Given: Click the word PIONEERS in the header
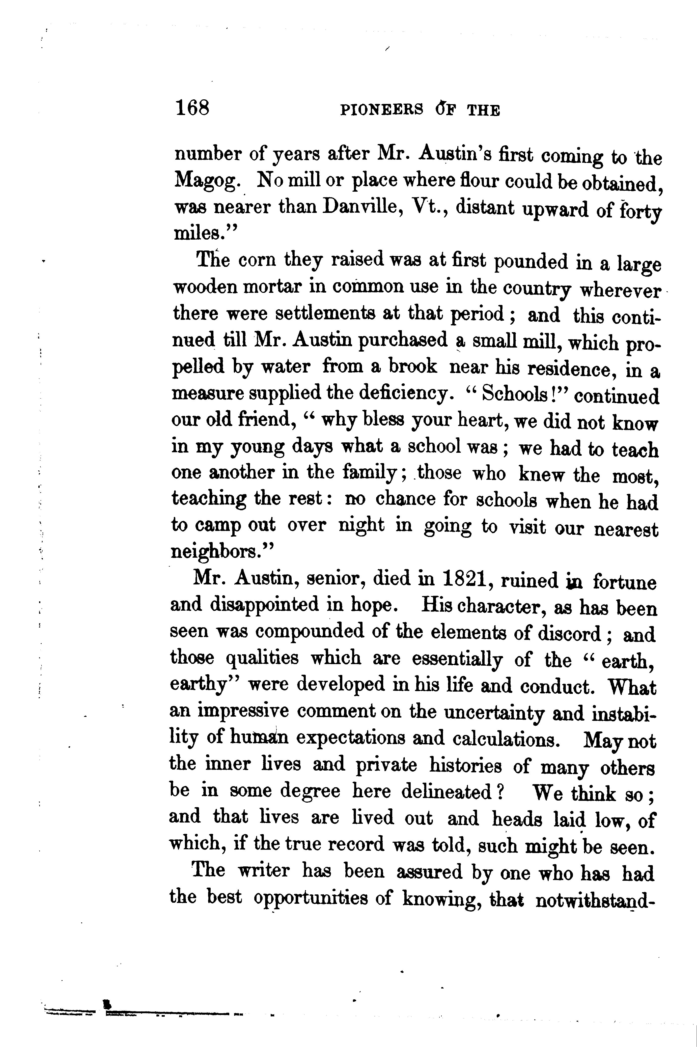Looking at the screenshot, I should pos(381,110).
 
